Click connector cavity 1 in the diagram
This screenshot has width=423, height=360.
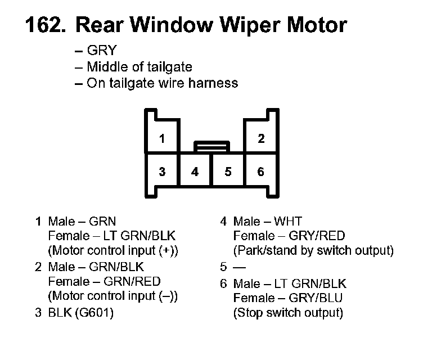pos(162,139)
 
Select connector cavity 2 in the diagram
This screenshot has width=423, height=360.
pos(261,139)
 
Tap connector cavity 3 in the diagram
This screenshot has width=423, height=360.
pos(162,172)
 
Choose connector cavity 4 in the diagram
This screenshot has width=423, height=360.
pos(195,172)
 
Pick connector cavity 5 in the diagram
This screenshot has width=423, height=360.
pos(228,172)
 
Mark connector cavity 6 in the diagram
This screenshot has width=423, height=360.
pos(261,172)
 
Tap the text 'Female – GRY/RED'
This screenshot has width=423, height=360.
pos(289,235)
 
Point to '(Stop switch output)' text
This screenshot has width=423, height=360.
pos(288,312)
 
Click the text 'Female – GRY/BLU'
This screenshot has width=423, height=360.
pos(287,298)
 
